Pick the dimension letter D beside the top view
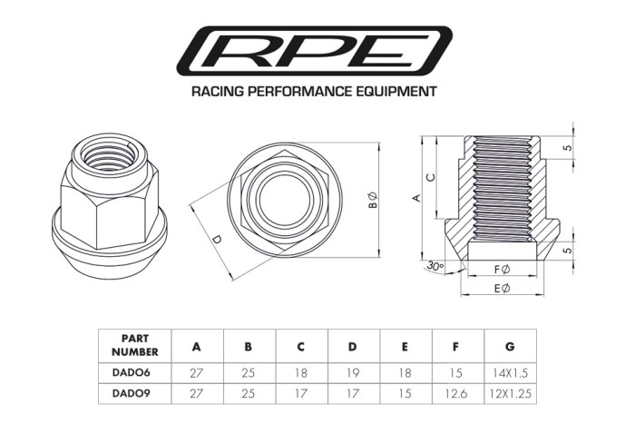[x=215, y=240]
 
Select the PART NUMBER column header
[x=134, y=345]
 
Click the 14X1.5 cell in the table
[x=512, y=371]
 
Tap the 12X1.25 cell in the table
[x=512, y=394]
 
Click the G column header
[x=512, y=345]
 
